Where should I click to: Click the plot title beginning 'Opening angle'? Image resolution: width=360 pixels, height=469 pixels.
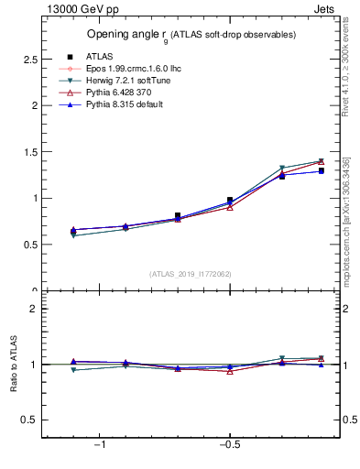click(x=191, y=35)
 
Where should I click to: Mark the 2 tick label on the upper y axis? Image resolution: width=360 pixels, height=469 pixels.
click(x=35, y=105)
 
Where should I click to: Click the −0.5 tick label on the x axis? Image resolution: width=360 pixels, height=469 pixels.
click(x=229, y=444)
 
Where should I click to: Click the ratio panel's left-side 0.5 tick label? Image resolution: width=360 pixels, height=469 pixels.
click(x=29, y=420)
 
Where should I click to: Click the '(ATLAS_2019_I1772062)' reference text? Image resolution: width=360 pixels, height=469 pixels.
click(x=191, y=273)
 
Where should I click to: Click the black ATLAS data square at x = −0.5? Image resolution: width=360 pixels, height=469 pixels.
click(x=230, y=200)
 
